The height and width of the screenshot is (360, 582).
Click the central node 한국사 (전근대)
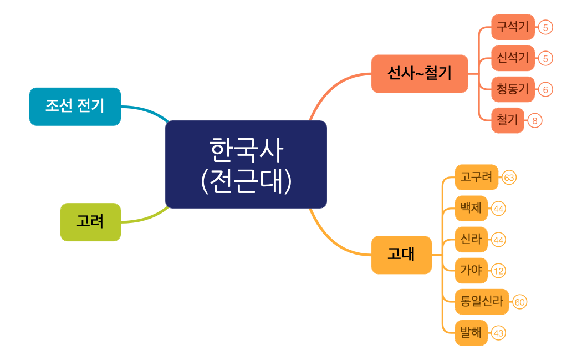coord(246,164)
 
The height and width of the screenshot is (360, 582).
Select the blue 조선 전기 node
coord(75,107)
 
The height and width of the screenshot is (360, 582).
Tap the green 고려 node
coord(90,222)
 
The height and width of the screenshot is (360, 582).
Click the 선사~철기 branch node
coord(420,73)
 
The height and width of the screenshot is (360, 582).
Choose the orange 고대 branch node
coord(401,255)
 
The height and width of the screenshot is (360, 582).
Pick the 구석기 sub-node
coord(513,27)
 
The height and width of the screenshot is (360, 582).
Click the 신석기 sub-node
coord(513,58)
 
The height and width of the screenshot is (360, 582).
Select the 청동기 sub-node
coord(513,89)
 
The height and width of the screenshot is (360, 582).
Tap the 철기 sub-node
coord(507,120)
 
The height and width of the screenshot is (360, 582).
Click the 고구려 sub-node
coord(476,178)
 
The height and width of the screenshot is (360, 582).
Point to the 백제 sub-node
coord(471,209)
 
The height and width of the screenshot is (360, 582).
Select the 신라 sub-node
coord(471,240)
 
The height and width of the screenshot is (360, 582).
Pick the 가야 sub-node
coord(471,271)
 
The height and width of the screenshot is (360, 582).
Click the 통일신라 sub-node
coord(482,302)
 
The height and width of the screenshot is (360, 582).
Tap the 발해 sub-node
coord(471,333)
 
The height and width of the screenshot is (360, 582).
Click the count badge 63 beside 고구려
coord(509,178)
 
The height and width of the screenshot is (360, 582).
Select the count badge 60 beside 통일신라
coord(519,302)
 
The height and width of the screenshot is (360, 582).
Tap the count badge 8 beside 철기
coord(534,120)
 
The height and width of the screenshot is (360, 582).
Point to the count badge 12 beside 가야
coord(498,271)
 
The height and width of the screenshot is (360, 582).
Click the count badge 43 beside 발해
coord(498,333)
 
